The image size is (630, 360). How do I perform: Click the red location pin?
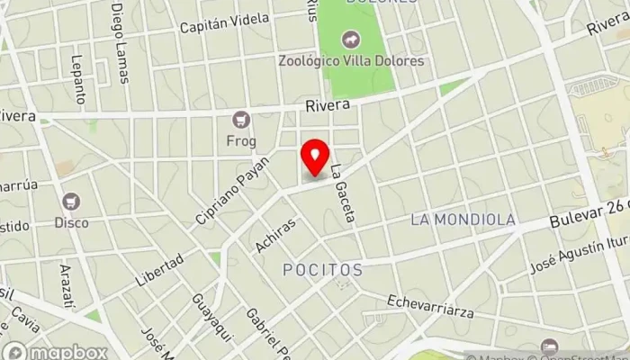click(315, 156)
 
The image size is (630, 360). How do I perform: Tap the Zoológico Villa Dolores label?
click(349, 62)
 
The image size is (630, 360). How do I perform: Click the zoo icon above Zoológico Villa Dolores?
click(348, 40)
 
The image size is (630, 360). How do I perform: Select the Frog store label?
click(241, 140)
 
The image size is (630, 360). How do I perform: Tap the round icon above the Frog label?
click(240, 119)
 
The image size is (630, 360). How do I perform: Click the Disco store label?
click(71, 222)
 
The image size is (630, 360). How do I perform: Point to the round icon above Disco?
click(71, 201)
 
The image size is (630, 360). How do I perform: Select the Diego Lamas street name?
click(120, 40)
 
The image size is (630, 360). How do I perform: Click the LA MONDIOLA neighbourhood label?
click(463, 220)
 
